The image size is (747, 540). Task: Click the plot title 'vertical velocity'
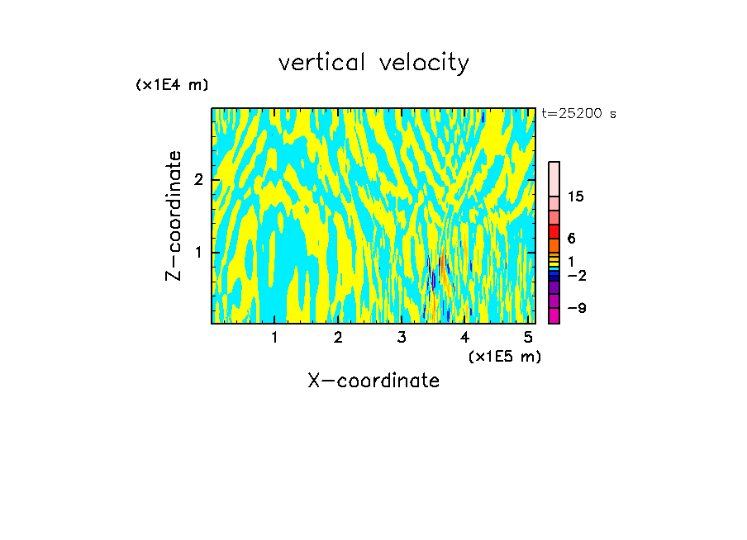click(x=373, y=63)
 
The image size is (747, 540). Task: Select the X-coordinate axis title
click(x=373, y=381)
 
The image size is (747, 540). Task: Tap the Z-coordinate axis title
click(x=174, y=216)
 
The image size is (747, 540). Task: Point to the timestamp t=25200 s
click(x=578, y=114)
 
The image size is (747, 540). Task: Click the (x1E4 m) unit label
click(x=172, y=85)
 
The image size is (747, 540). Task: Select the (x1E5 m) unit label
click(x=504, y=356)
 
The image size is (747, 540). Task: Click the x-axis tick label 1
click(x=274, y=338)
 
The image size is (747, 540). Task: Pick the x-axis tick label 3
click(x=402, y=338)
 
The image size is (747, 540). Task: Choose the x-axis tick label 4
click(x=465, y=338)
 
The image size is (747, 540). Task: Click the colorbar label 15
click(x=576, y=197)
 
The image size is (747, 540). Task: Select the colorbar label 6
click(x=570, y=238)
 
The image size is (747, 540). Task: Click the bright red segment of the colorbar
click(x=554, y=231)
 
